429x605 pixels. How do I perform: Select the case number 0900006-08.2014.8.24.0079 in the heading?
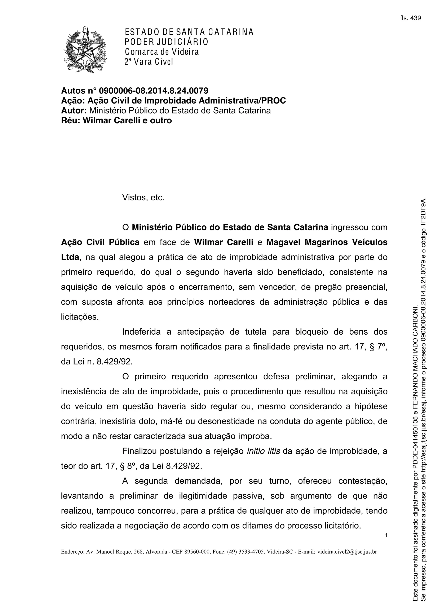[x=153, y=91]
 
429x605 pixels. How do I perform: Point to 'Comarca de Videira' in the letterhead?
[x=162, y=52]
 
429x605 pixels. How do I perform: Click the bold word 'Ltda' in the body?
[x=70, y=257]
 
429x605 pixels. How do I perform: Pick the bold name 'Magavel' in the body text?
[x=283, y=242]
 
